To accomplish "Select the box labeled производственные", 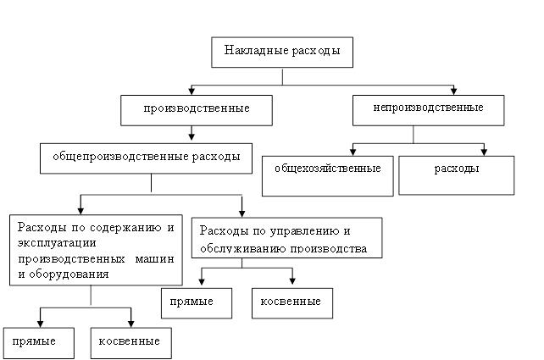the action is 197,110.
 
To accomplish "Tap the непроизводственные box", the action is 429,110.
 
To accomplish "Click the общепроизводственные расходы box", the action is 146,158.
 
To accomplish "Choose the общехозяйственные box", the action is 328,176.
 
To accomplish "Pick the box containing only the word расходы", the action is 457,175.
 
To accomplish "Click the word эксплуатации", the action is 57,243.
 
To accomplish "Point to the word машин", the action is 154,258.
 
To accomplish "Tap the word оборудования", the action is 69,274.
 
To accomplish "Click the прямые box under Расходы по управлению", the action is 197,303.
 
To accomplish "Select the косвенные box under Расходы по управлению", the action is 292,303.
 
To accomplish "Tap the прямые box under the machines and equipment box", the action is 39,343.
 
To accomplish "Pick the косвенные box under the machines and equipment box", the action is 131,343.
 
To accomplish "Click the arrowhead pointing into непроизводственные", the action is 453,91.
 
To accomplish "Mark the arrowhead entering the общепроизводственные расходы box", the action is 192,136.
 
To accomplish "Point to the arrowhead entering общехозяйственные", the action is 352,152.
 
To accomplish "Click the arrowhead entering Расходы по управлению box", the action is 241,213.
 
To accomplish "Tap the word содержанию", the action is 125,228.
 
